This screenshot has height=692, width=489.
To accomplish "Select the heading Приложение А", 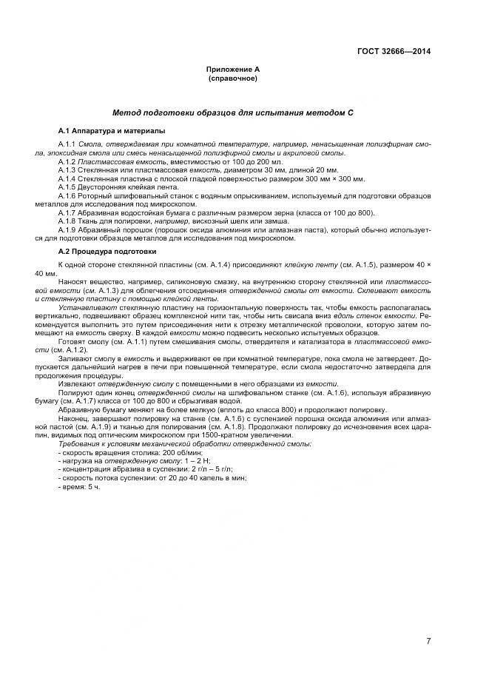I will click(233, 69).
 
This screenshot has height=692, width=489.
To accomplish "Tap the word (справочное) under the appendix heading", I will click(233, 78).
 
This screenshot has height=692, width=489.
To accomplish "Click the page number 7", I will click(428, 641).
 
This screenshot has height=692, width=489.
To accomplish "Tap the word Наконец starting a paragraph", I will click(72, 418).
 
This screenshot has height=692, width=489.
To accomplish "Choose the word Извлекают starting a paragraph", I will click(75, 384).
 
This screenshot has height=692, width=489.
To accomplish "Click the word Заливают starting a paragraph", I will click(75, 359).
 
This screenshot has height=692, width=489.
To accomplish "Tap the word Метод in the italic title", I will click(128, 113).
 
